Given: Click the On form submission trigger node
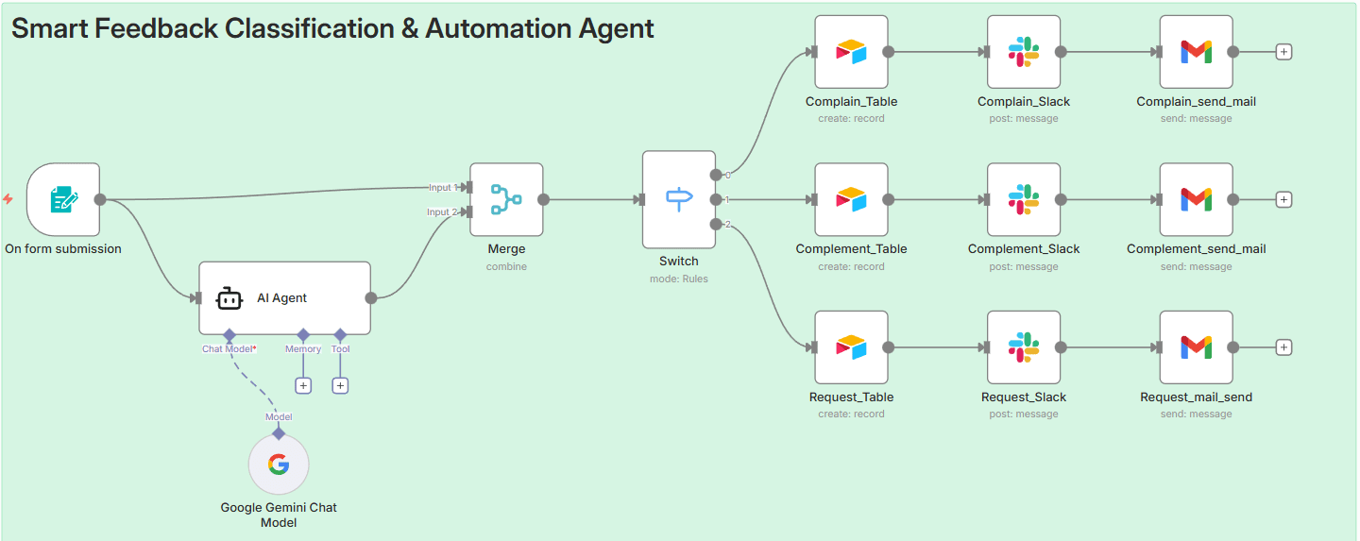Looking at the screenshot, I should pos(62,199).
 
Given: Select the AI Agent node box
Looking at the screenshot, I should pos(284,297).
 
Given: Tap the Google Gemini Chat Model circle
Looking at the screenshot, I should pos(278,465).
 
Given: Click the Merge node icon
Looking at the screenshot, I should pos(506,199).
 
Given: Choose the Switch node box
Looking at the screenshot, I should pos(678,199).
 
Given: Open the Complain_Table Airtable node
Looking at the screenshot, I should pos(851,52).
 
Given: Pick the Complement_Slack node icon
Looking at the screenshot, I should pos(1023,199).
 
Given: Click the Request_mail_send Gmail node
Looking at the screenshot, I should pos(1196,347).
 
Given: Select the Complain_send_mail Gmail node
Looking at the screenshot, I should pos(1196,52).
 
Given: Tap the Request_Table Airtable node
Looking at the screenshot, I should pos(851,347).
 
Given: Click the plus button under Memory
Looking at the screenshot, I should pos(303,385).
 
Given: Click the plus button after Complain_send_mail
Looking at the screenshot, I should pos(1283,52).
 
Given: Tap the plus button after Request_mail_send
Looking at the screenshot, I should pos(1283,347).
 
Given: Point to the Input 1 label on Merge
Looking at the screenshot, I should pos(442,187).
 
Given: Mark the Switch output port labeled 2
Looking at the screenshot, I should pos(717,224).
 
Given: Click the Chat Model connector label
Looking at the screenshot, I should pos(228,349).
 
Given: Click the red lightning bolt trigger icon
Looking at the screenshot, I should pos(8,199).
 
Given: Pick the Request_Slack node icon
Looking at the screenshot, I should pos(1023,347).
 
